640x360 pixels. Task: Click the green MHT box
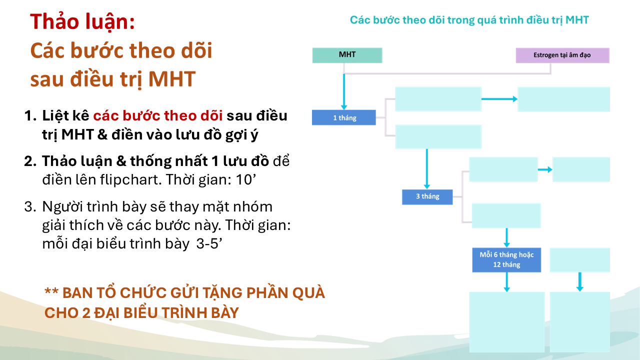(347, 55)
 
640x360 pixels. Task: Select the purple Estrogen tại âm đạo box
(562, 55)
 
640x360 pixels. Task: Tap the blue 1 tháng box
(344, 117)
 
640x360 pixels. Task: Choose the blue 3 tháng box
(427, 197)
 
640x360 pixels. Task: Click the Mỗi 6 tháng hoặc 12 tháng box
(506, 259)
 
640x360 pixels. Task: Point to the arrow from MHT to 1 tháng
(344, 91)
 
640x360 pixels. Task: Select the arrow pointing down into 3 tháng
(427, 169)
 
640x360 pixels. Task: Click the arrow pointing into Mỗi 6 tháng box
(506, 237)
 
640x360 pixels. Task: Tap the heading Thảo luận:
(82, 21)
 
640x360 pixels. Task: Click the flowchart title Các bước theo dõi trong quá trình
(436, 20)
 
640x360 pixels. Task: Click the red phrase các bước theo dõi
(158, 115)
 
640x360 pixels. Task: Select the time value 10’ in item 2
(245, 179)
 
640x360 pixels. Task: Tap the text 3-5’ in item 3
(209, 243)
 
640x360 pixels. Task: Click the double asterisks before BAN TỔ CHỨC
(51, 291)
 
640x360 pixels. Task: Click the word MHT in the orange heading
(172, 79)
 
